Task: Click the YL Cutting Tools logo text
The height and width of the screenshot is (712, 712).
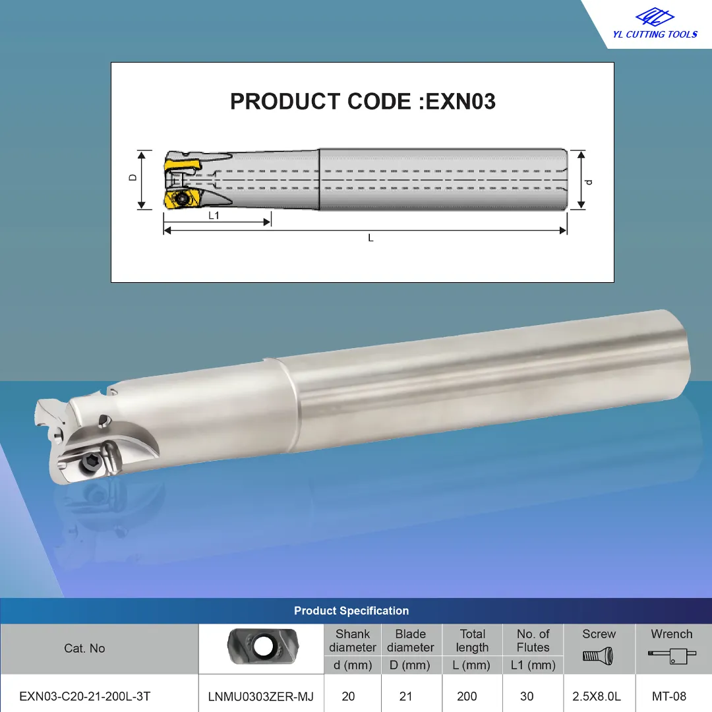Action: pyautogui.click(x=655, y=34)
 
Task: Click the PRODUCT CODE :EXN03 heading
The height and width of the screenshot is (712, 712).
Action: pyautogui.click(x=363, y=102)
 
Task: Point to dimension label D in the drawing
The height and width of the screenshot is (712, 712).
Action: pyautogui.click(x=133, y=177)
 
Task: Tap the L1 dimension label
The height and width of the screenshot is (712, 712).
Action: pyautogui.click(x=214, y=215)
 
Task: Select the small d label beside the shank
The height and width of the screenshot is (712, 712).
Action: pyautogui.click(x=589, y=182)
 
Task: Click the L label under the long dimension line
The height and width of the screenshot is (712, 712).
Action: pyautogui.click(x=371, y=238)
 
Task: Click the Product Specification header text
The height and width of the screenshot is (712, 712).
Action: pyautogui.click(x=351, y=610)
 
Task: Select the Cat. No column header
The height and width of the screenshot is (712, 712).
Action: pyautogui.click(x=84, y=649)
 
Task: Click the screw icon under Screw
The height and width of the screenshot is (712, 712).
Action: pyautogui.click(x=598, y=656)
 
